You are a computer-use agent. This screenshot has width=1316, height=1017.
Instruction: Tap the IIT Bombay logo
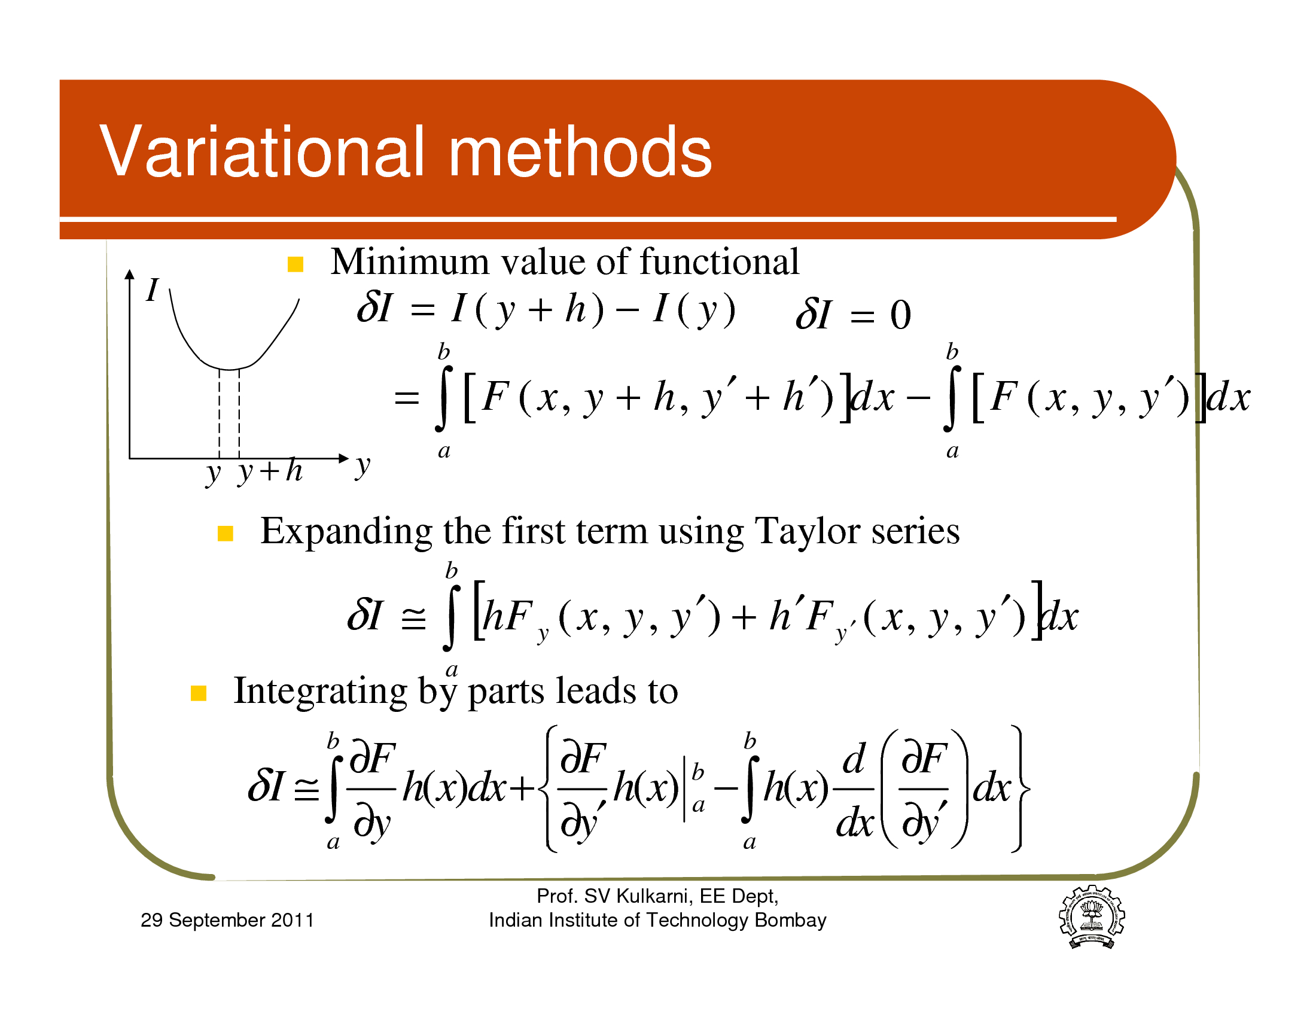[x=1092, y=916]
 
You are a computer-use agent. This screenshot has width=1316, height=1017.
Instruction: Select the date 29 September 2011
[x=227, y=920]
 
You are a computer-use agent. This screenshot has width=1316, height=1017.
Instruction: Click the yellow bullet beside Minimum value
[x=296, y=264]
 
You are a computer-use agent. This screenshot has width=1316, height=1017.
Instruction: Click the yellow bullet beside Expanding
[x=226, y=534]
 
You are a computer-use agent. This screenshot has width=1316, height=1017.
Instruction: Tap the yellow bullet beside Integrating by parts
[x=199, y=693]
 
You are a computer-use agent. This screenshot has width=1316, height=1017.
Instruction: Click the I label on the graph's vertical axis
[x=153, y=290]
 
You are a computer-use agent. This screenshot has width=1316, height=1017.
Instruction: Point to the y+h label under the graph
[x=270, y=471]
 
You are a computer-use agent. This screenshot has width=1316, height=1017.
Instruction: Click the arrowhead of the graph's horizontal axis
[x=343, y=458]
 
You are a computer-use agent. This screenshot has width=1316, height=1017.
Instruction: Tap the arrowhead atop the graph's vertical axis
[x=129, y=274]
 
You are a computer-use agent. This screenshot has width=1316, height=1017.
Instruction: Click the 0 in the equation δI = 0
[x=900, y=315]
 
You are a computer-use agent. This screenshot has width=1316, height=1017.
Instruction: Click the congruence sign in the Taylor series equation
[x=413, y=618]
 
